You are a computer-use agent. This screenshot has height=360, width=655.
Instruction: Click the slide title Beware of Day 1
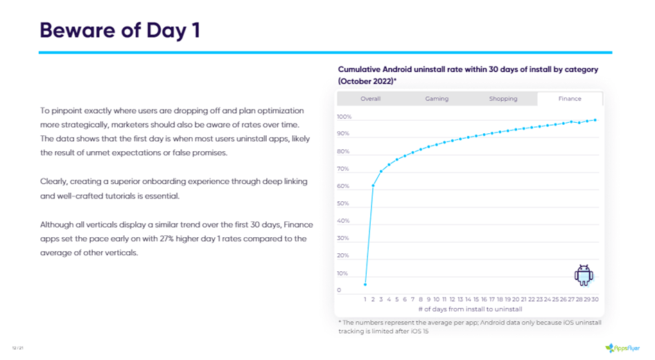[120, 30]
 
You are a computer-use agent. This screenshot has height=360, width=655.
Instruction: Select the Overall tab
[371, 98]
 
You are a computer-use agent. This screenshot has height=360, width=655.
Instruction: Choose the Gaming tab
[437, 98]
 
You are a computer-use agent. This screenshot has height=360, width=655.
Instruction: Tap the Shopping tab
[503, 98]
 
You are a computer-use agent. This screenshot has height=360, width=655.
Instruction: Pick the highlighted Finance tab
[570, 98]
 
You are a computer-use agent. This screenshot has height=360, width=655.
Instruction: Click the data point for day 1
[365, 284]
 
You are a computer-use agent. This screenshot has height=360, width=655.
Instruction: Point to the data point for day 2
[374, 185]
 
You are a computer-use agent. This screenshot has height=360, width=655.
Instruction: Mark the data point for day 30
[595, 120]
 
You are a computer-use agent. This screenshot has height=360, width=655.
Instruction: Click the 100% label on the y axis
[344, 117]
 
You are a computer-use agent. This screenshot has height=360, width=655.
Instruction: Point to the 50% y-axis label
[343, 203]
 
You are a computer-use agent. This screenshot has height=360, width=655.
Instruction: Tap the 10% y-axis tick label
[343, 273]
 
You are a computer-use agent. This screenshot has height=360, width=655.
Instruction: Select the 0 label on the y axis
[339, 291]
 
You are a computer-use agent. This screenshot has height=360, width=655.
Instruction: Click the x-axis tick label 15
[476, 300]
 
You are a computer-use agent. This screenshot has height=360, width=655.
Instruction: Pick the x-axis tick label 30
[595, 300]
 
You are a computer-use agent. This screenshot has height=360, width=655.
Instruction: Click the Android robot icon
[584, 275]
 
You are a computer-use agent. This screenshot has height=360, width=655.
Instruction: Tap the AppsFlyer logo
[622, 347]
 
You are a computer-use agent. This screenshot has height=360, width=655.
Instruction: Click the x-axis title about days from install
[470, 309]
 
